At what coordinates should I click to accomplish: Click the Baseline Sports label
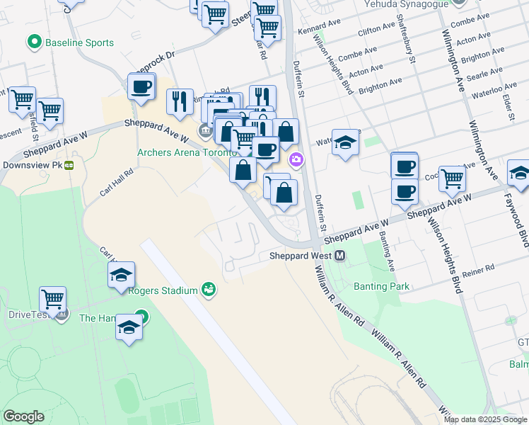(x=79, y=42)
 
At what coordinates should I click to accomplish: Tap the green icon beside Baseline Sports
(x=34, y=42)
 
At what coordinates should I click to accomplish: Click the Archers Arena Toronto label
(x=187, y=152)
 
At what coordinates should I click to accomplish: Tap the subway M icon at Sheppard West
(x=340, y=256)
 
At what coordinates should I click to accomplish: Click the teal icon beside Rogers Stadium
(x=209, y=289)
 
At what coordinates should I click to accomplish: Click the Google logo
(x=24, y=416)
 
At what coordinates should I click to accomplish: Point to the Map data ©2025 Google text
(x=484, y=419)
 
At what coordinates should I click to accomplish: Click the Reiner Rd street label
(x=479, y=272)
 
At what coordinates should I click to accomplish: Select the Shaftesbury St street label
(x=406, y=39)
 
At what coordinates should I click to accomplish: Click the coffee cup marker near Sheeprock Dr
(x=141, y=87)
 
